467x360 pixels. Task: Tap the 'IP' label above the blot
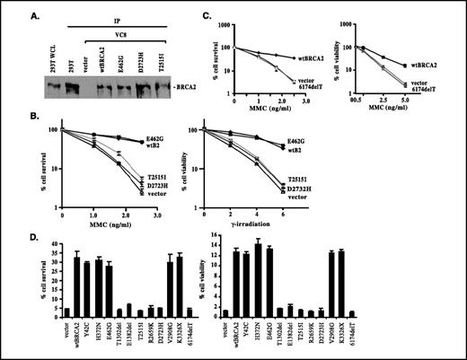pos(116,16)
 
